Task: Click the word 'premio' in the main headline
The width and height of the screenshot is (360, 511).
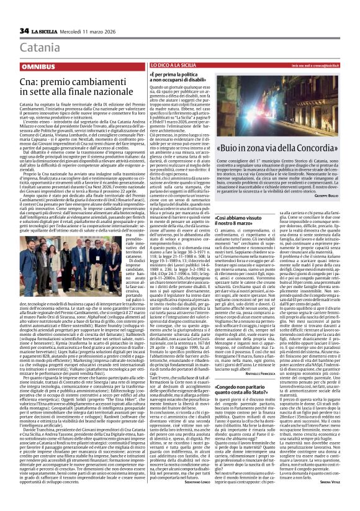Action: coord(56,81)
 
